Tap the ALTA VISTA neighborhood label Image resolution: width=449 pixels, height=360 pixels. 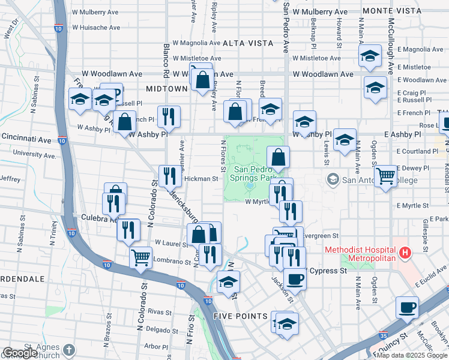click(248, 43)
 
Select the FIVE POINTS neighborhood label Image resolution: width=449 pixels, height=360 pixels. click(240, 316)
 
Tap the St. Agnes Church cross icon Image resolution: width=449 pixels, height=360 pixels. click(70, 349)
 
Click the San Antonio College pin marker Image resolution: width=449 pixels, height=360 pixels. click(333, 179)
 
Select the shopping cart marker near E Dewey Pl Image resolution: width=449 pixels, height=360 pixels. click(385, 176)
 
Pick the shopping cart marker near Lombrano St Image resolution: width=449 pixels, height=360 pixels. click(140, 257)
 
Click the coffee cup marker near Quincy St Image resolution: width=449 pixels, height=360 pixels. click(407, 307)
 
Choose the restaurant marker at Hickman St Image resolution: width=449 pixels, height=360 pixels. click(169, 175)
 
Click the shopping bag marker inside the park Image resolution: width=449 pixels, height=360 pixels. click(278, 157)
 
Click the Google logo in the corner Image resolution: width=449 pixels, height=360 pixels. click(20, 353)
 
